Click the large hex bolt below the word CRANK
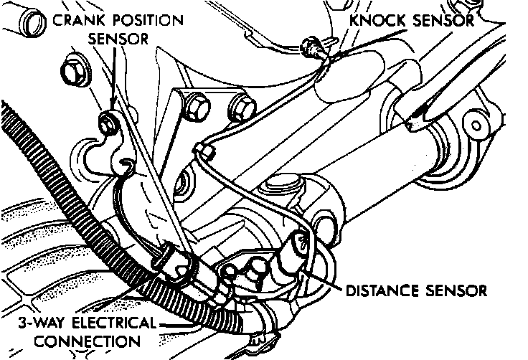72,71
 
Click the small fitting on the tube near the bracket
205,150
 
